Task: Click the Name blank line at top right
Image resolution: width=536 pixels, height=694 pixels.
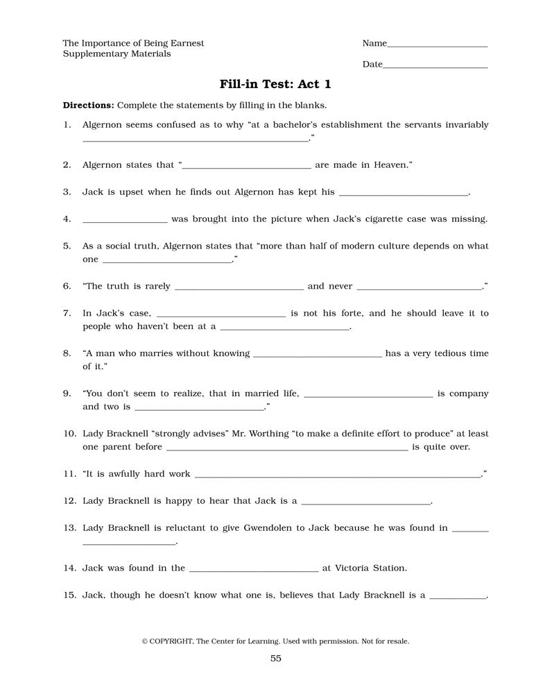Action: (437, 46)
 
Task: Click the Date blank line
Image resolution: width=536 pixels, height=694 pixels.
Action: (435, 67)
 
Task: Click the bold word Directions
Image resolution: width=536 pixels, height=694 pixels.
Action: (88, 105)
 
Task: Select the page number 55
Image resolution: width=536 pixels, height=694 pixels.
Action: (276, 659)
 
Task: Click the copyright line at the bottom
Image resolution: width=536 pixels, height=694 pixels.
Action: (275, 641)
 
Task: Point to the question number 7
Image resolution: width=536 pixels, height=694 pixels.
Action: (67, 313)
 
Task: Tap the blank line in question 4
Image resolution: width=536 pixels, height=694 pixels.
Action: (125, 222)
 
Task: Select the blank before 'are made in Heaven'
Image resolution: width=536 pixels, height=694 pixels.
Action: (247, 169)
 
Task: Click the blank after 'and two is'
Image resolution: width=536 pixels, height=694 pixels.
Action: (200, 409)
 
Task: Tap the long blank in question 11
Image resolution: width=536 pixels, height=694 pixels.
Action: (338, 477)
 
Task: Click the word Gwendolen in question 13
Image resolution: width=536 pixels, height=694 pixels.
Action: (270, 527)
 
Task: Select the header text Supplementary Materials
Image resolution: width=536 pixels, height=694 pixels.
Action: (116, 53)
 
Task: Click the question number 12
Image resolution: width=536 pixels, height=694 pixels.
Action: (69, 500)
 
